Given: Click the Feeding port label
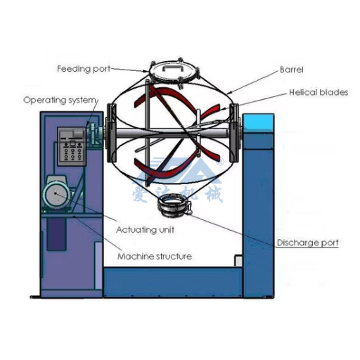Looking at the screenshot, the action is pyautogui.click(x=84, y=69).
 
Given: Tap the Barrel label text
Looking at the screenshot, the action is pyautogui.click(x=292, y=70).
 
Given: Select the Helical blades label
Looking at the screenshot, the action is pyautogui.click(x=319, y=92).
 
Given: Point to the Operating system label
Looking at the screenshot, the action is pyautogui.click(x=60, y=101).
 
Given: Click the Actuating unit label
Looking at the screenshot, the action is pyautogui.click(x=145, y=230).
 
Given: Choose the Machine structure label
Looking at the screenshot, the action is pyautogui.click(x=155, y=257).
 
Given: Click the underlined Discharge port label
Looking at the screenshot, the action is pyautogui.click(x=308, y=243).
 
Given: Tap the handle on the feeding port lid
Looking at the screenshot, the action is pyautogui.click(x=174, y=67).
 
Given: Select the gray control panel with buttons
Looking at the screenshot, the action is pyautogui.click(x=72, y=146).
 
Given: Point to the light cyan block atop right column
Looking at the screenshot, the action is pyautogui.click(x=259, y=122).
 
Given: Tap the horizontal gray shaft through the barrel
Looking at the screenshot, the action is pyautogui.click(x=173, y=134).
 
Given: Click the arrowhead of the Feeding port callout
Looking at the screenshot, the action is pyautogui.click(x=146, y=71).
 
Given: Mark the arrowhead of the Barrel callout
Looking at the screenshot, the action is pyautogui.click(x=229, y=93).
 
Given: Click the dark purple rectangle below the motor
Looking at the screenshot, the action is pyautogui.click(x=56, y=234).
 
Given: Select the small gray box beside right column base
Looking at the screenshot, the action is pyautogui.click(x=238, y=260).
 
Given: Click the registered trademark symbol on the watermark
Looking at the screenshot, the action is pyautogui.click(x=219, y=161).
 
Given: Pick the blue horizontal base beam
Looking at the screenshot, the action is pyautogui.click(x=173, y=282).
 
